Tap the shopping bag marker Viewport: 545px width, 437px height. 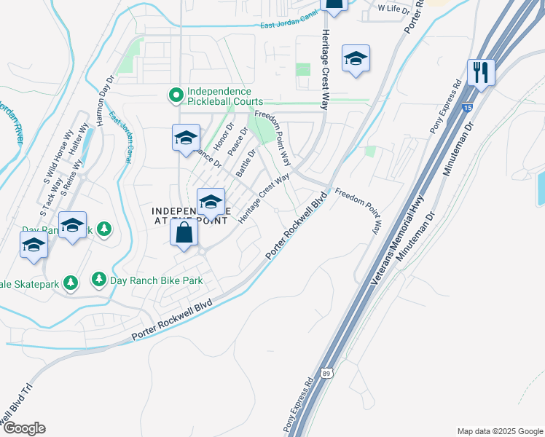(x=185, y=234)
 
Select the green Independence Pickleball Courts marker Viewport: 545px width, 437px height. (x=176, y=95)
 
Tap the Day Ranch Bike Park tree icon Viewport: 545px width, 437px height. (x=99, y=279)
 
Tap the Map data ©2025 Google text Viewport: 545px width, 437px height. (x=499, y=430)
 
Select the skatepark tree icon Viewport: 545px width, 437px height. (x=71, y=281)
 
